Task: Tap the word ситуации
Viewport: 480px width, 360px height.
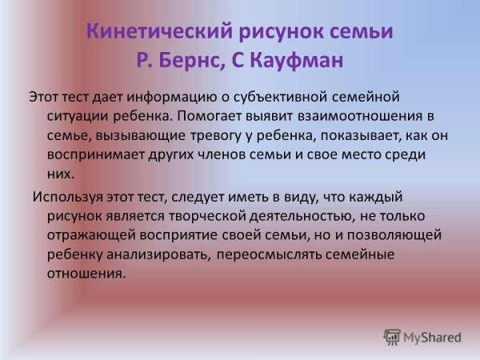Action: tap(78, 116)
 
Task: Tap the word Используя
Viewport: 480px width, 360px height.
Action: tap(66, 197)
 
